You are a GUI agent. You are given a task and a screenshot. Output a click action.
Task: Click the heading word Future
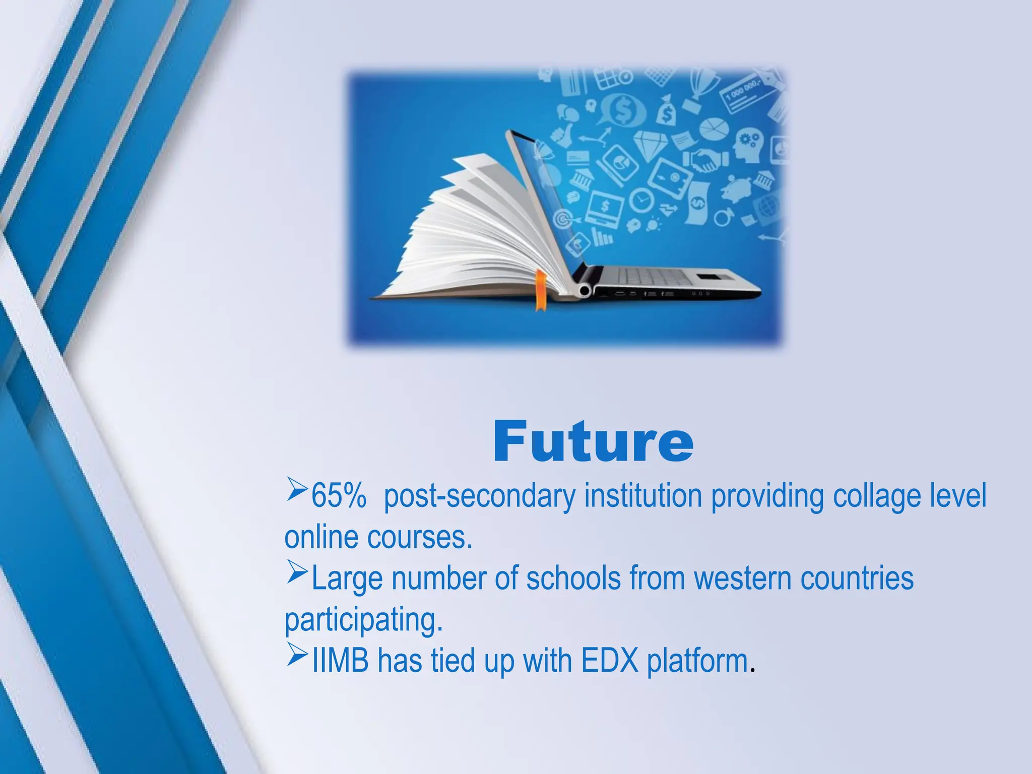593,441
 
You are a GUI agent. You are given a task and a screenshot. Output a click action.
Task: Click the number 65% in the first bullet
338,496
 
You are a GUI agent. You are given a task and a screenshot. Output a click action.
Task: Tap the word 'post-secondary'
479,496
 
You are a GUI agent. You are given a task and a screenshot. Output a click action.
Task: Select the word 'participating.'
364,620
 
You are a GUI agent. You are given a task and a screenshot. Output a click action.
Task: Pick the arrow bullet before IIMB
297,656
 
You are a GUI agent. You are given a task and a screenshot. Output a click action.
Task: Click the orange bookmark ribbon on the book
540,290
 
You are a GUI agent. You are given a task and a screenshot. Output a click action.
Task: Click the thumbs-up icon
560,134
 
